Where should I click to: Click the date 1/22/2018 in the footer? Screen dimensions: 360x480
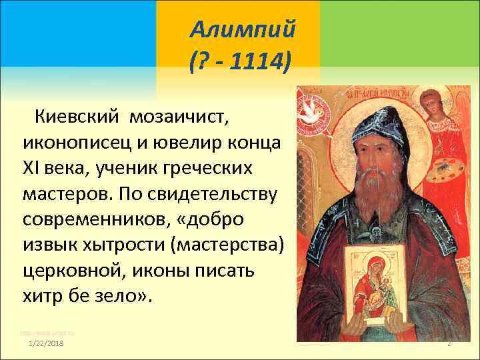point(47,343)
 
